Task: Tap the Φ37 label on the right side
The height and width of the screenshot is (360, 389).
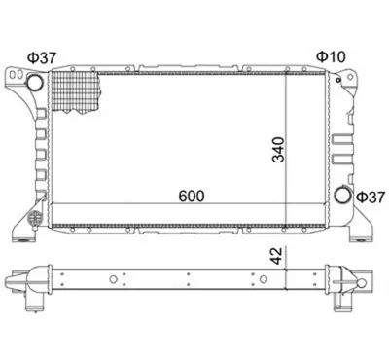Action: pyautogui.click(x=370, y=198)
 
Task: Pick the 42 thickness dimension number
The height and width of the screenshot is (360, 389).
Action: pyautogui.click(x=276, y=256)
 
